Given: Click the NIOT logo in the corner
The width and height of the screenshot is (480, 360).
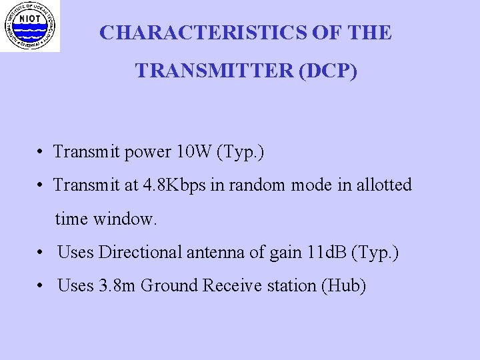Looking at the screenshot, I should click(29, 26).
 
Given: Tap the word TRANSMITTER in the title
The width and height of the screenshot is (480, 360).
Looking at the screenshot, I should click(215, 70).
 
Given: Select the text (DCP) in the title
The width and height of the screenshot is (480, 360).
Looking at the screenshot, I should click(329, 70).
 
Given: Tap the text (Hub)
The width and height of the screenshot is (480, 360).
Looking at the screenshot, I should click(344, 286).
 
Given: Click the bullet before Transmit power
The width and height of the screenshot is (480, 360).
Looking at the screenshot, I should click(41, 153).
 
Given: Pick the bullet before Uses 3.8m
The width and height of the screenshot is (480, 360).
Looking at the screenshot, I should click(41, 286).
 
